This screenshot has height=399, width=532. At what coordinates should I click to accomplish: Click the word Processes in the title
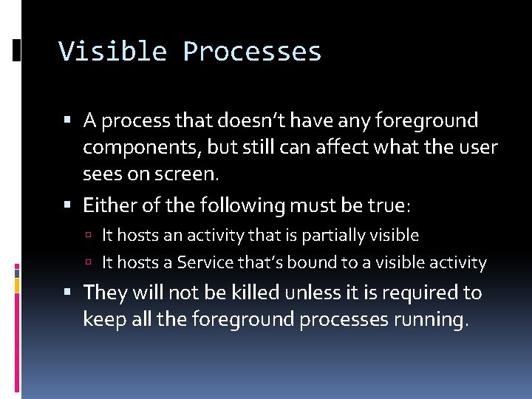[x=252, y=52]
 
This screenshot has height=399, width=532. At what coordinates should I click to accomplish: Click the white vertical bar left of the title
[x=17, y=50]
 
